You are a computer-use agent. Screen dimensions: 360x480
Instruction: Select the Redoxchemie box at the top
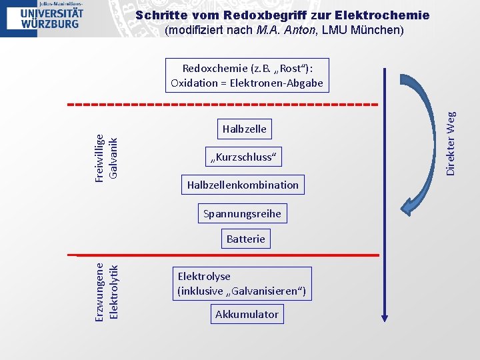(247, 75)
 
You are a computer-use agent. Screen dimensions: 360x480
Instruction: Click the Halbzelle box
(244, 129)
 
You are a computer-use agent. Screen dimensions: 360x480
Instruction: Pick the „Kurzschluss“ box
(244, 157)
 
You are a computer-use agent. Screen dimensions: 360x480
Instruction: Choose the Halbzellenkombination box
(243, 185)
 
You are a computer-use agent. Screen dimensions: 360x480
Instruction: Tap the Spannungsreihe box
(243, 214)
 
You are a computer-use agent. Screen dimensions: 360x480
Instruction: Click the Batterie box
(245, 239)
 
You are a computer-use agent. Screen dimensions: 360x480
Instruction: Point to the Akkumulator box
(247, 314)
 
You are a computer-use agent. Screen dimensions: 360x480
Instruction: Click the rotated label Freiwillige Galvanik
(106, 157)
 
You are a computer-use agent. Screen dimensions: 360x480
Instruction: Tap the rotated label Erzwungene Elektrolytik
(106, 291)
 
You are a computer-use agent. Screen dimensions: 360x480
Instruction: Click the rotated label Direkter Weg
(451, 143)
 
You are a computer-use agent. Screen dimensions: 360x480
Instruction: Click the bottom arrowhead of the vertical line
(385, 317)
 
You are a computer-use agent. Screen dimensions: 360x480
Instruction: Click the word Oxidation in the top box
(194, 83)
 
